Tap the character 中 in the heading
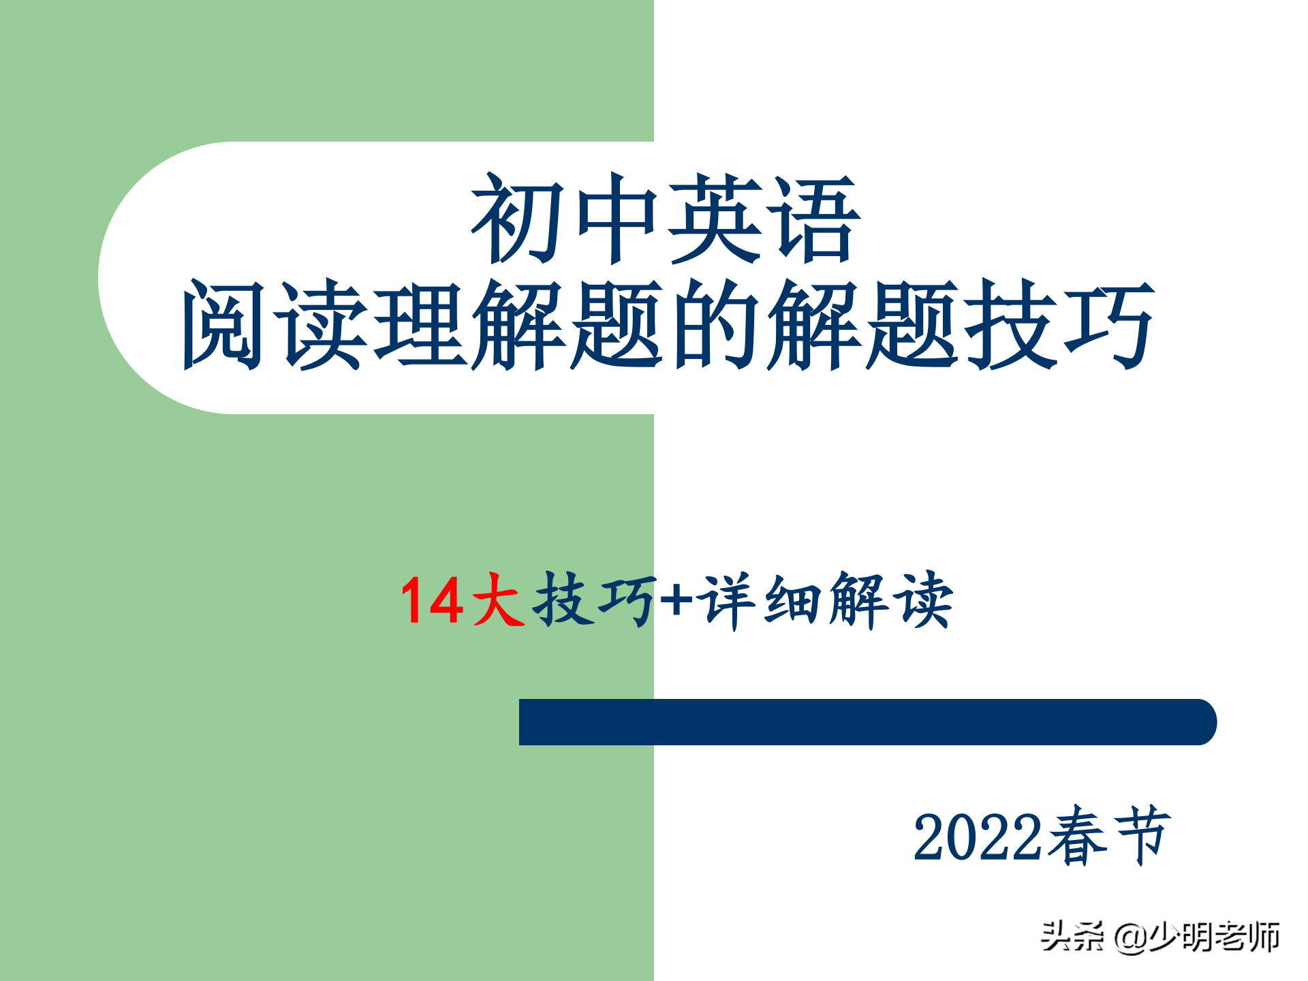(x=617, y=218)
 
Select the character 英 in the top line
(x=715, y=218)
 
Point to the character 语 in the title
(x=814, y=218)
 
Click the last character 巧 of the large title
(x=1108, y=325)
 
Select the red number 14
(x=432, y=600)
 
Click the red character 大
(x=498, y=599)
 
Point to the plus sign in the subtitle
(x=676, y=600)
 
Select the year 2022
(x=977, y=837)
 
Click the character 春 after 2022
(x=1078, y=836)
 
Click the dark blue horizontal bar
(x=868, y=722)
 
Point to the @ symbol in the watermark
(x=1132, y=937)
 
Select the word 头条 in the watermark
(x=1072, y=936)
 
